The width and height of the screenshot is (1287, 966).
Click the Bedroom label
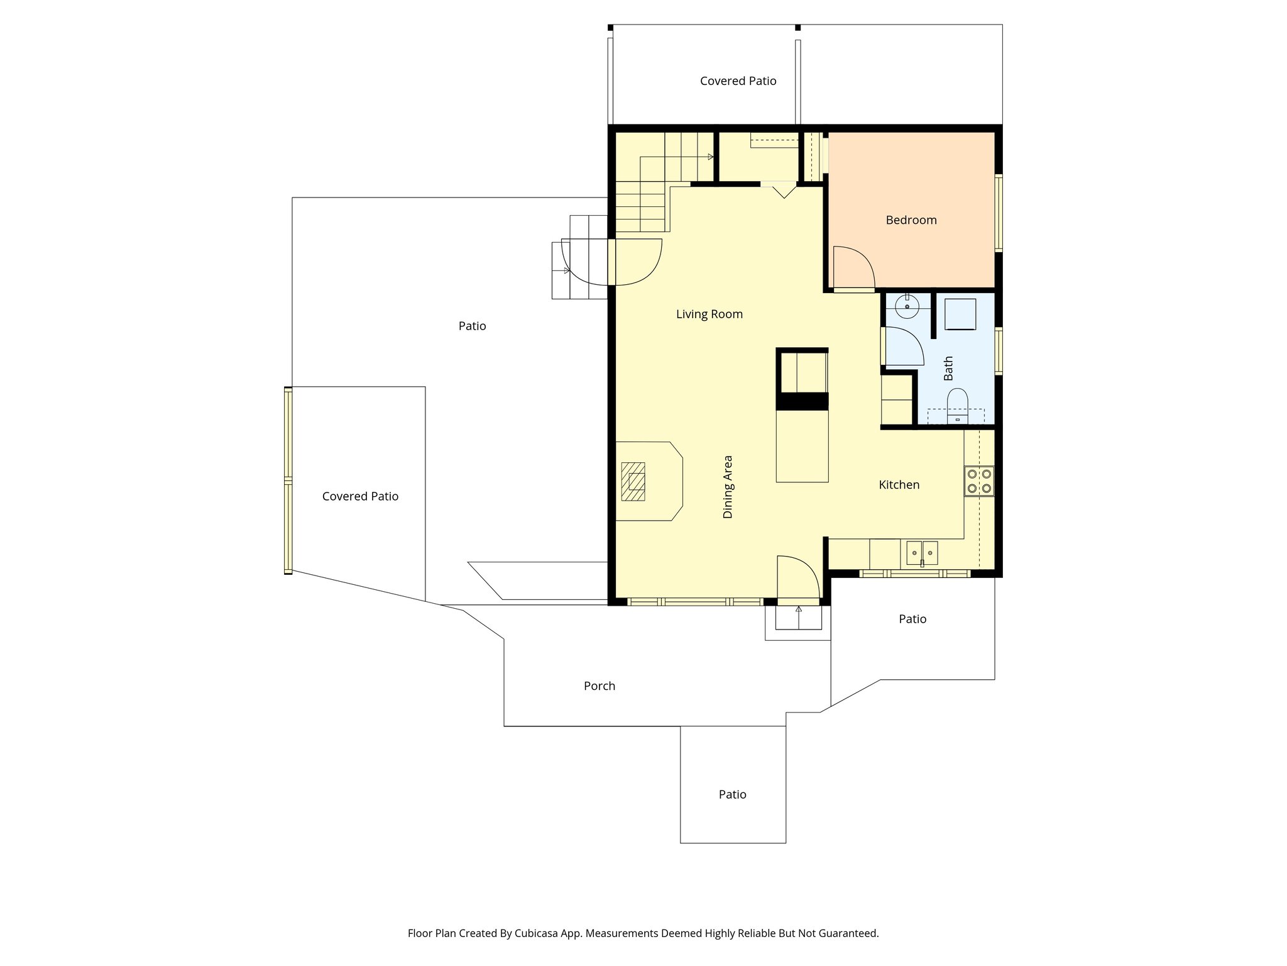point(911,220)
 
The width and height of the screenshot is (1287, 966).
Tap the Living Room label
point(709,314)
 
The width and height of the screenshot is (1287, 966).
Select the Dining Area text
point(728,487)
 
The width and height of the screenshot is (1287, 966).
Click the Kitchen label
point(899,485)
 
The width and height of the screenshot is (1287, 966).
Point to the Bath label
point(948,368)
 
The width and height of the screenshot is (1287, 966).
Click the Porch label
point(599,686)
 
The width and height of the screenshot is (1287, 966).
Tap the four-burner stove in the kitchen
point(979,481)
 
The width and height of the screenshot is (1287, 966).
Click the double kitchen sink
point(922,553)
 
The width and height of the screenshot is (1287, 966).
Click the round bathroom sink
point(907,306)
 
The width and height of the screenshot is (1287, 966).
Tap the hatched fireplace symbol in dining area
point(633,481)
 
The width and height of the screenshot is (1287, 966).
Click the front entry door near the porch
point(798,577)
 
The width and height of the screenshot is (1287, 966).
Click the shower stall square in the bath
point(960,314)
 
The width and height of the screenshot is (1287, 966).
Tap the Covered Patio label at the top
point(738,81)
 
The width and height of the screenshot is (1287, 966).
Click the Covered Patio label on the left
point(360,497)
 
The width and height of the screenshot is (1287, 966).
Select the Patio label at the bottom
point(732,795)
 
